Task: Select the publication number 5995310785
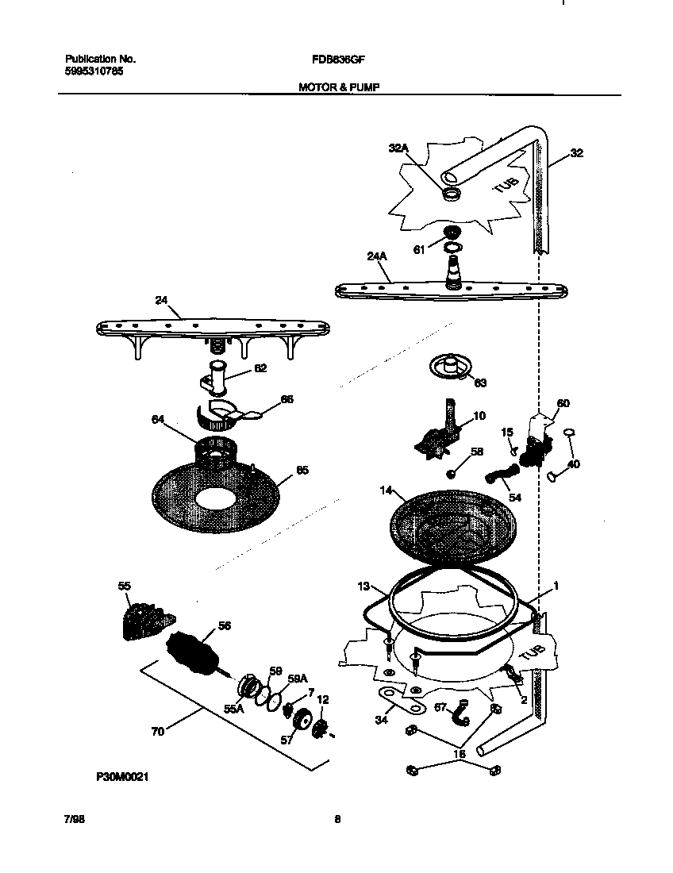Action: pos(94,71)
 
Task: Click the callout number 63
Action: pos(480,383)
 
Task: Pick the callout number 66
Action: pos(287,399)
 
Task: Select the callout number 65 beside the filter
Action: pos(302,470)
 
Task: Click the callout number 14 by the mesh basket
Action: pos(386,491)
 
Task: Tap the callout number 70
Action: pos(158,731)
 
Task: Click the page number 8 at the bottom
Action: pos(337,821)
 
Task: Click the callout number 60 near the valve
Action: pos(563,403)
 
